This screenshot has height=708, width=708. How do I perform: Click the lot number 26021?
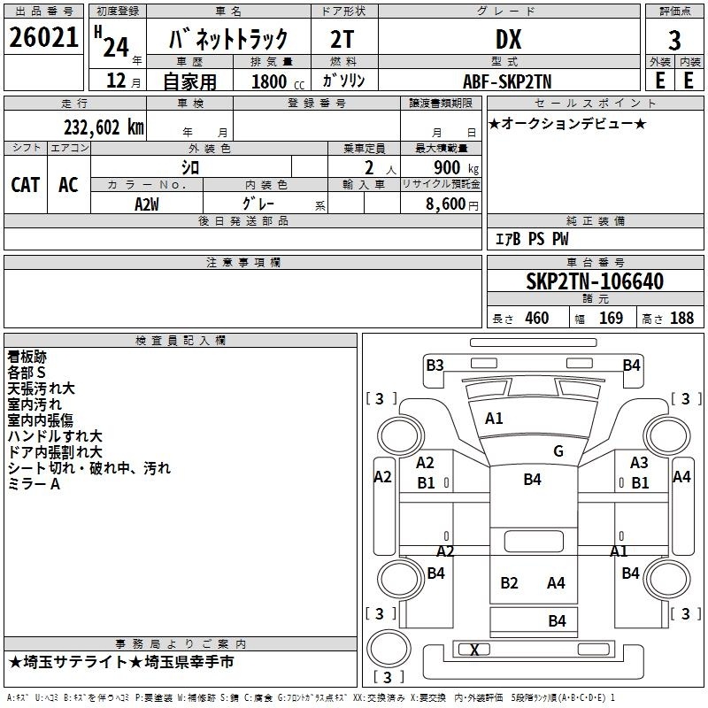click(43, 37)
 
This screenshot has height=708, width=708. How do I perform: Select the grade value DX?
click(508, 39)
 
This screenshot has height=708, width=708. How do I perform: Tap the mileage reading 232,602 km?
click(104, 127)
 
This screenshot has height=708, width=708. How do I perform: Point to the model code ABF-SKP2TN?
click(507, 81)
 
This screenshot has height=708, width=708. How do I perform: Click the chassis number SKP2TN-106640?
click(595, 281)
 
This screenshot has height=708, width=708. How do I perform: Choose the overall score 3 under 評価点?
click(674, 41)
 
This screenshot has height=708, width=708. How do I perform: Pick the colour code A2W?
click(147, 204)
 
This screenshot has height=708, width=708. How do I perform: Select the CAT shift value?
click(26, 185)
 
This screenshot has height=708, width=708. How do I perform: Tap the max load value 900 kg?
click(456, 167)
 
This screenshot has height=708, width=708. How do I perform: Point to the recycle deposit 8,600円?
click(452, 204)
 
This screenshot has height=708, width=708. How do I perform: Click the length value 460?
click(537, 318)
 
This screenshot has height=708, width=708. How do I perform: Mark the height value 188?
click(681, 318)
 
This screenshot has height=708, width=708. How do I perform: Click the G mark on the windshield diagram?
click(558, 451)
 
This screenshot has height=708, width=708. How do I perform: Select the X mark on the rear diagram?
click(474, 650)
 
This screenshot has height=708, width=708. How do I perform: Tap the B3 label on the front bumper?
click(435, 366)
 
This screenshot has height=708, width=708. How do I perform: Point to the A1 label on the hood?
click(494, 419)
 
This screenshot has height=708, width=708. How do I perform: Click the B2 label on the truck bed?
click(509, 583)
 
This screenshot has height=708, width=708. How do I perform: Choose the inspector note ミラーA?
click(34, 484)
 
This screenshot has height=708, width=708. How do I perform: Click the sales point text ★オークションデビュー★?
click(567, 123)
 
